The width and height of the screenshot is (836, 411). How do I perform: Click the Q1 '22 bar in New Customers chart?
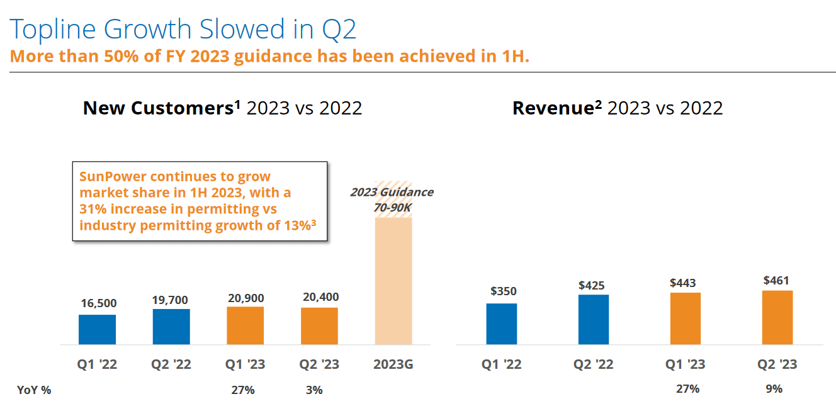tap(97, 329)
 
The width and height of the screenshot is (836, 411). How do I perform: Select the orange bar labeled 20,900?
tap(246, 325)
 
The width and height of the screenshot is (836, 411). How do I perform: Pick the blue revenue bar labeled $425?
tap(594, 319)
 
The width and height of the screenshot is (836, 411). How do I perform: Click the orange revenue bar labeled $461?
tap(777, 317)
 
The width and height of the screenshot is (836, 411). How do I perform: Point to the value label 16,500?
tap(99, 303)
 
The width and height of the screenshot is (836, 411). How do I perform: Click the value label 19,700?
tap(170, 300)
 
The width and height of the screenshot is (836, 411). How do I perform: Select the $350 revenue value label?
tap(503, 291)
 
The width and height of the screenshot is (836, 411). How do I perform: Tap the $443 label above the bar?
tap(683, 283)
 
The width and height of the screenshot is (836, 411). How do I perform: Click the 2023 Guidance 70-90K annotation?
tap(392, 199)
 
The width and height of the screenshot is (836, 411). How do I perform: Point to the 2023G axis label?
tap(393, 364)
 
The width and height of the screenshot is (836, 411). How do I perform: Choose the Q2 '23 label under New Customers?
tap(319, 364)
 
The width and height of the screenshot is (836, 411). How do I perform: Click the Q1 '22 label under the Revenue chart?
tap(502, 364)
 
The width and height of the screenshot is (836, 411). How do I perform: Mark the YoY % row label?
tap(34, 390)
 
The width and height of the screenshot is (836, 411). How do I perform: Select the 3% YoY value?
tap(314, 390)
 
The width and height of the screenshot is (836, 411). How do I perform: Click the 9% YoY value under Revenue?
tap(774, 389)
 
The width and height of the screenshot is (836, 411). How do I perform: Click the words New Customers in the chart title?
tap(158, 108)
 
